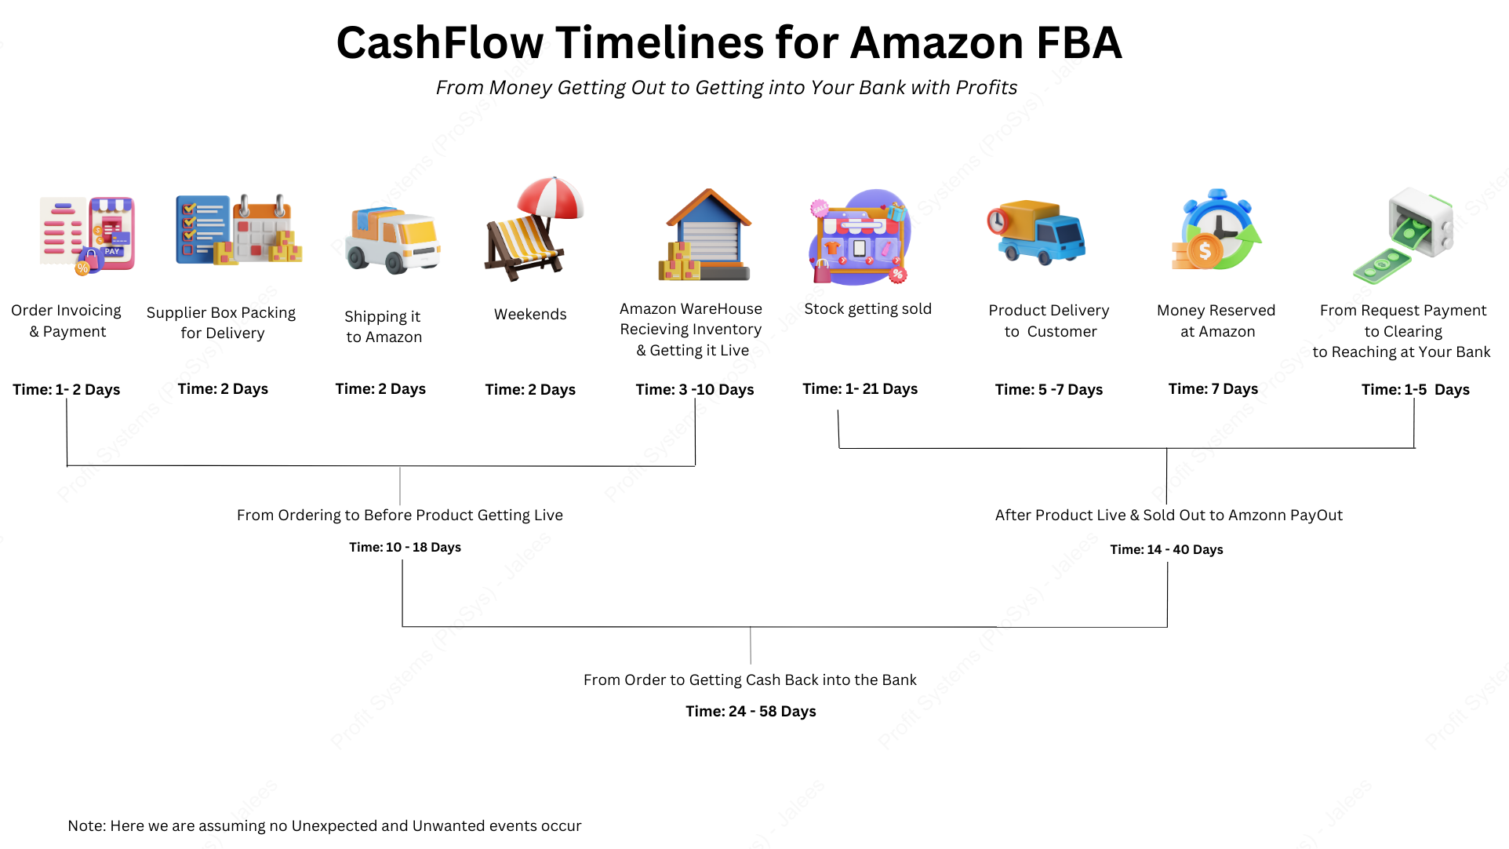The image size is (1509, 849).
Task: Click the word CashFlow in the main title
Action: pos(439,43)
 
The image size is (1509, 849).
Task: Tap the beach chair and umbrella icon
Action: pos(533,228)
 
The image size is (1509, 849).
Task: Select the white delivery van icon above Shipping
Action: pos(392,240)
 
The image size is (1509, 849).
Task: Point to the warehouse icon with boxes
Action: pos(705,235)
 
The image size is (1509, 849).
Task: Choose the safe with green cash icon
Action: pos(1404,235)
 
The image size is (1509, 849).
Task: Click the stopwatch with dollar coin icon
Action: pos(1216,231)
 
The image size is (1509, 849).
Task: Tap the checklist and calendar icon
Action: pos(238,229)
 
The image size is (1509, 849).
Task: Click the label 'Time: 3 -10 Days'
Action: pos(694,390)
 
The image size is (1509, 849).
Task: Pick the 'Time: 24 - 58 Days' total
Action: pos(751,712)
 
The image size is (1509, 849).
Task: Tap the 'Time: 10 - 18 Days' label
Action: pos(405,548)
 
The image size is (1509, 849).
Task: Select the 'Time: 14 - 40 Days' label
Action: pos(1166,550)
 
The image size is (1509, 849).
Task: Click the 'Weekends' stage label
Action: pos(530,315)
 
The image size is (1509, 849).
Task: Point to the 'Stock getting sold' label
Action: pos(867,309)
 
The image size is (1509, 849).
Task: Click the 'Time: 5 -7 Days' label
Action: pos(1049,390)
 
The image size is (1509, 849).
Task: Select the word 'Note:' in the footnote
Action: pos(86,826)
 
